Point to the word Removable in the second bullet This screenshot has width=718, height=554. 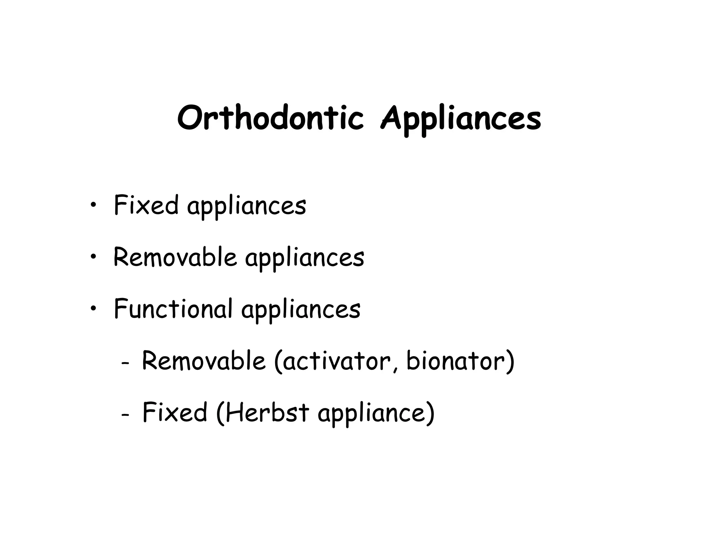175,257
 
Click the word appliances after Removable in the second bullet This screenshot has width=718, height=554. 305,259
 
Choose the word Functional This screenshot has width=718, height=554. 173,309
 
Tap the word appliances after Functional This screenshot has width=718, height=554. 301,310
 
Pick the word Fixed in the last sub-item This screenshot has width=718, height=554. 175,412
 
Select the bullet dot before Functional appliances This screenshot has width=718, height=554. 93,309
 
